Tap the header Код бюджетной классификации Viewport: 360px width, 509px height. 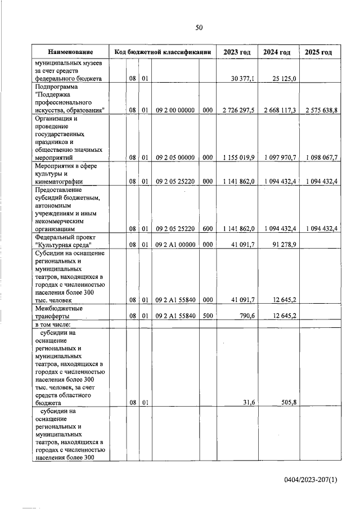point(163,52)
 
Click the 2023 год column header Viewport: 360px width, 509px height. point(237,52)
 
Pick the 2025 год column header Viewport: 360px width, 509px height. point(318,52)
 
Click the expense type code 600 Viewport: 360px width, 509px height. point(207,229)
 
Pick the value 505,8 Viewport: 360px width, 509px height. point(287,403)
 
